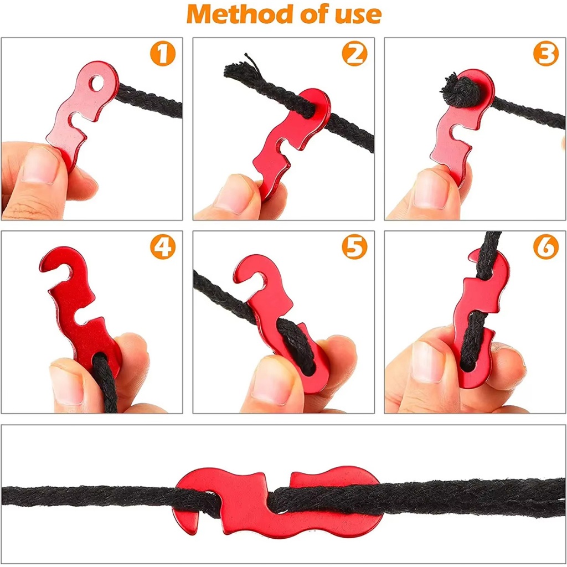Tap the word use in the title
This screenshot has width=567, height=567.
tap(358, 16)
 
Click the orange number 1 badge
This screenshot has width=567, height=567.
tap(163, 53)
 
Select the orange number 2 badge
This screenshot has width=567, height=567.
tap(354, 53)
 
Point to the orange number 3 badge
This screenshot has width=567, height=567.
tap(546, 53)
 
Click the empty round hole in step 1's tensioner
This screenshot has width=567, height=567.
tap(96, 84)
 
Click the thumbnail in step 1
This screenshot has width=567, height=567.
tap(40, 164)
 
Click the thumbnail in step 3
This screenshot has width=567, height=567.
tap(430, 189)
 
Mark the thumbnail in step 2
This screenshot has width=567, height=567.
tap(235, 193)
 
